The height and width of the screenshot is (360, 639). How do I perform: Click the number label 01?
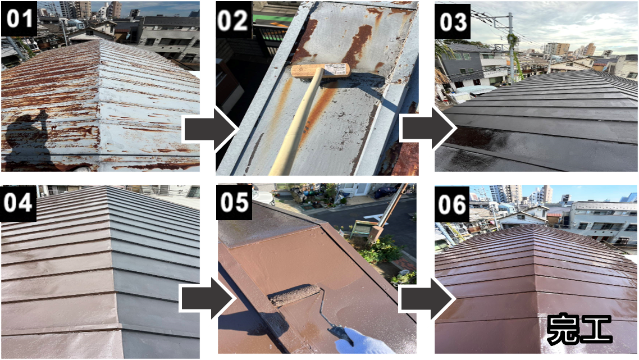(19, 19)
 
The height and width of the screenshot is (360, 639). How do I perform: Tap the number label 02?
(234, 20)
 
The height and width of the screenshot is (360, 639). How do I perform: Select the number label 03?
(453, 21)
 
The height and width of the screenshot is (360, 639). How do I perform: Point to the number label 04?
(19, 203)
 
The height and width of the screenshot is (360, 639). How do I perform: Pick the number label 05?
(234, 202)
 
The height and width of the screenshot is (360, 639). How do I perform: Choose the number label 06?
(452, 204)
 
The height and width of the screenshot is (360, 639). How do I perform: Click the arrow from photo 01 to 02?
(209, 130)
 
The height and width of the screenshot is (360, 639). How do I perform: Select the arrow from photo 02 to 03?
(428, 128)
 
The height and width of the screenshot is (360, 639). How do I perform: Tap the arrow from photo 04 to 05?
(207, 299)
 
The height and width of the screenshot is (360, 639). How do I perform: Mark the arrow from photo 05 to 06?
(427, 299)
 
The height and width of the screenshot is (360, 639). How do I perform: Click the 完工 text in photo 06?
(579, 329)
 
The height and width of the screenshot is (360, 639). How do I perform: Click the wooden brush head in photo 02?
(320, 71)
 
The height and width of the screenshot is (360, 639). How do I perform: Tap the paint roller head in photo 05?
(295, 295)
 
